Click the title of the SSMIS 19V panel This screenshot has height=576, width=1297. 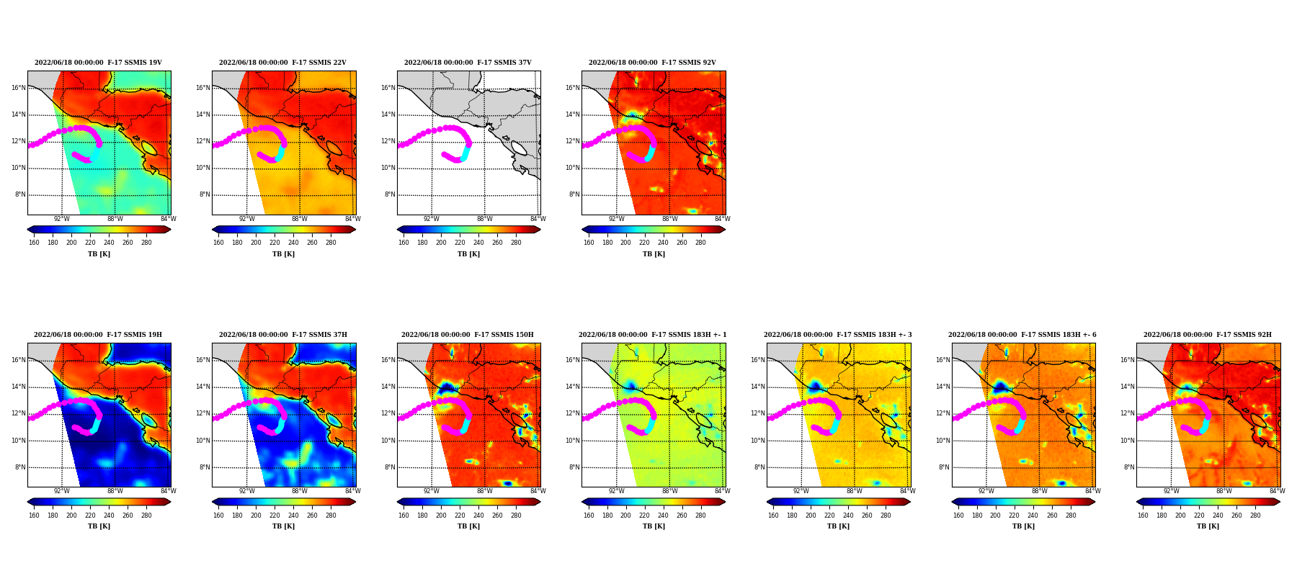98,63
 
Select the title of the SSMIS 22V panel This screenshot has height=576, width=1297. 282,63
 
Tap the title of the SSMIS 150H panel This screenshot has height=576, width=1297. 468,335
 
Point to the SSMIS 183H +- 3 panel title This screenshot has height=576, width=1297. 838,335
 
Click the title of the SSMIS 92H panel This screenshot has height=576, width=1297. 1208,335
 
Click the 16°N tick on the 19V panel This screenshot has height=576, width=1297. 19,89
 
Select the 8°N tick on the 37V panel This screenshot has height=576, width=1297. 390,194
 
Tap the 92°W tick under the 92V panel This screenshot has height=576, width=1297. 616,219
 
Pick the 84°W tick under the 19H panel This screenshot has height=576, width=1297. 168,492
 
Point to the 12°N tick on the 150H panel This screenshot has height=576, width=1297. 388,413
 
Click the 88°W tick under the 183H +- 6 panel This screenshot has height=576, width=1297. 1039,492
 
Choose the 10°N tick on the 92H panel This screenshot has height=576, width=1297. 1128,441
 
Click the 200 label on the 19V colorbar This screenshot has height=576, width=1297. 71,243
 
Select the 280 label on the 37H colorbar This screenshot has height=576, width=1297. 331,516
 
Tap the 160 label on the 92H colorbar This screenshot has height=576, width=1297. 1143,516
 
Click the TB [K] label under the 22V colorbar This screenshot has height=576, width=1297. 283,254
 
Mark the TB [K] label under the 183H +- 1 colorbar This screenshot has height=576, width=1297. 654,526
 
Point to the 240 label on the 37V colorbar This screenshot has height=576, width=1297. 478,243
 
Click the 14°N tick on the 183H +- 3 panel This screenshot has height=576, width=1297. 758,387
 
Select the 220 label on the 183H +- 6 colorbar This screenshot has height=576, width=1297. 1015,516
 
